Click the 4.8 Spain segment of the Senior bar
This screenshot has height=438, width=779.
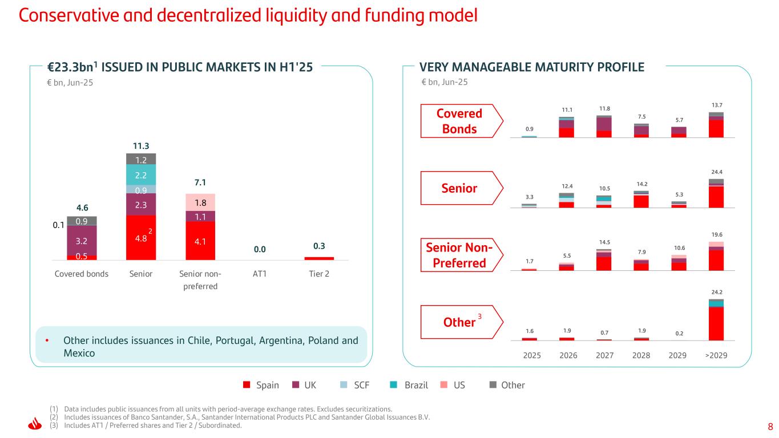click(141, 237)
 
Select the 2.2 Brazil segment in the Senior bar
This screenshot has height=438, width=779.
click(141, 175)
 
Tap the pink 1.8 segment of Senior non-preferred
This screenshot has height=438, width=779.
click(200, 202)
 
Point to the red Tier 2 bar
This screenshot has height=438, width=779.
click(319, 258)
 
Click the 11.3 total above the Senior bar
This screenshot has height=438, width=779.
click(141, 145)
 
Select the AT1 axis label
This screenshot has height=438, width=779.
click(260, 274)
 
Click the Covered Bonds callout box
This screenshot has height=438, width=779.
click(460, 121)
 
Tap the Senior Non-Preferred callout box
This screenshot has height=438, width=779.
click(460, 255)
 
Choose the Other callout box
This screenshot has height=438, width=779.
click(460, 322)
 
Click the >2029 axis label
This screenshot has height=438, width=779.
click(716, 355)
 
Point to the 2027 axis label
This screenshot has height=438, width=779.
click(604, 355)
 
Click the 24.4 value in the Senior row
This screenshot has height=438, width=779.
click(716, 172)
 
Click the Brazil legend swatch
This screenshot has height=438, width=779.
click(394, 385)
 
